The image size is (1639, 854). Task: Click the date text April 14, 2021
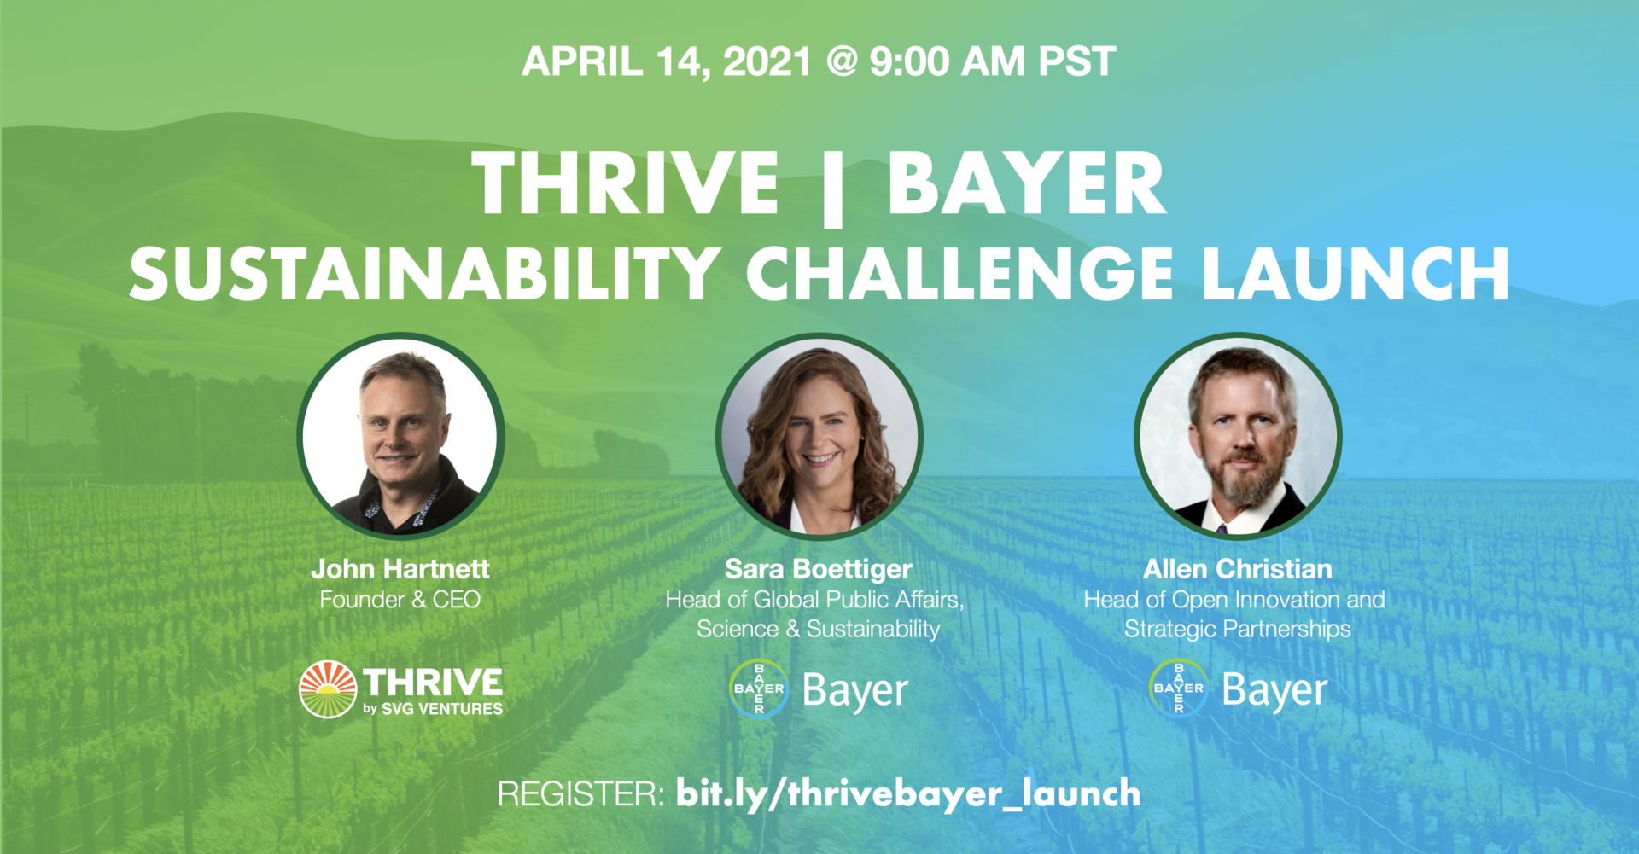(x=667, y=62)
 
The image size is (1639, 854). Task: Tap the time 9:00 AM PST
(x=993, y=61)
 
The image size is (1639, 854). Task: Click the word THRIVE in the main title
(x=626, y=183)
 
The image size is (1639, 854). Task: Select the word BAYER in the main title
(x=1026, y=183)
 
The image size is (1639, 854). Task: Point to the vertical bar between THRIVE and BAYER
(x=833, y=187)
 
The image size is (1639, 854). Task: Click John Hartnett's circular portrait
(x=400, y=436)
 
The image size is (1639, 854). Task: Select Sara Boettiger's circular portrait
(x=819, y=436)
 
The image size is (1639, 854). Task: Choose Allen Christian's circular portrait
(x=1238, y=436)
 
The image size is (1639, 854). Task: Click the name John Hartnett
(x=400, y=569)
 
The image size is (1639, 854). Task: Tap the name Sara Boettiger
(x=819, y=569)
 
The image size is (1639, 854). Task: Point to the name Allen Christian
(x=1238, y=569)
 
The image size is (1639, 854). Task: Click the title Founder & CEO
(x=400, y=600)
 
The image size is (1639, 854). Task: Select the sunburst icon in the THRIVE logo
(x=328, y=689)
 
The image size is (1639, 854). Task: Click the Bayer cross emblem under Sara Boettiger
(x=759, y=688)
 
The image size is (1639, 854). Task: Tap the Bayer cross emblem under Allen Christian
(x=1179, y=688)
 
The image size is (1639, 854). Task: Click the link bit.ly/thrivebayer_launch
(x=908, y=794)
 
